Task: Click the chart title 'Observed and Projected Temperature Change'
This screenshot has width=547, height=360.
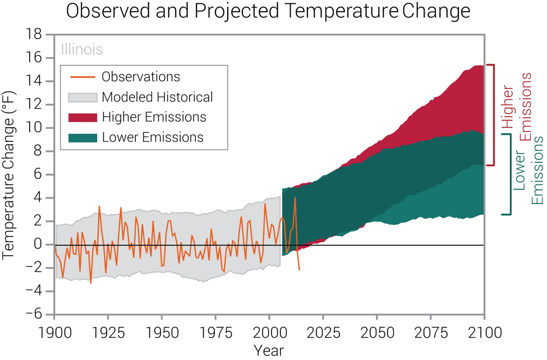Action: (x=268, y=11)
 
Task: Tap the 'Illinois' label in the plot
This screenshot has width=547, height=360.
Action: (x=82, y=49)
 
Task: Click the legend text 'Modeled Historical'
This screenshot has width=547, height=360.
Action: (x=157, y=97)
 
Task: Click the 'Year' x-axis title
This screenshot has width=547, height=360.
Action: (x=269, y=350)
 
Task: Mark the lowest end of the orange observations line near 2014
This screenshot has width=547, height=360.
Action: (x=299, y=270)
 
